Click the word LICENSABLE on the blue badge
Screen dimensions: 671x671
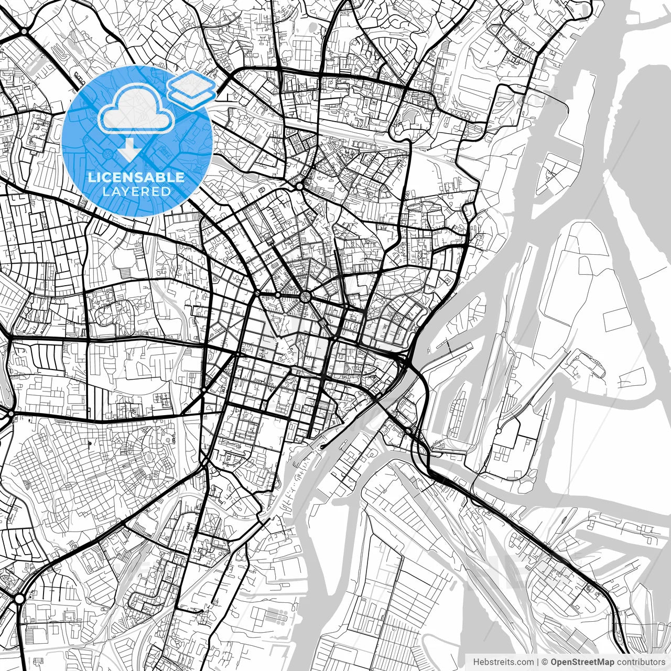(136, 177)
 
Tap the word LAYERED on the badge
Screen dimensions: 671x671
(136, 191)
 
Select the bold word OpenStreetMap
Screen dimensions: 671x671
(582, 662)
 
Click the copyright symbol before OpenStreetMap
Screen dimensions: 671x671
(545, 662)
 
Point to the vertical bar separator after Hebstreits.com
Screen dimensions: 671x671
(538, 662)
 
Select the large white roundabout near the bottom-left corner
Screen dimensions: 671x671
(19, 598)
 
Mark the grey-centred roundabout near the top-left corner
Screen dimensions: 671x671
(24, 31)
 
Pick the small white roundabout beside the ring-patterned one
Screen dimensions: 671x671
(277, 296)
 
